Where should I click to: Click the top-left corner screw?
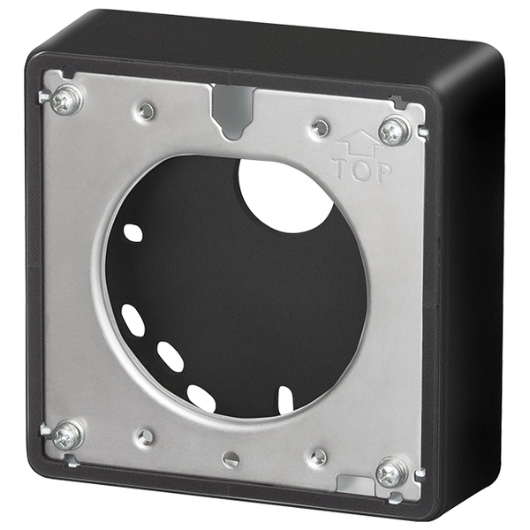pyautogui.click(x=66, y=100)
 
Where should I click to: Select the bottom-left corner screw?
pyautogui.click(x=68, y=435)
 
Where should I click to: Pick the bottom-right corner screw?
pyautogui.click(x=391, y=473)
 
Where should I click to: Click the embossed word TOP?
pyautogui.click(x=361, y=170)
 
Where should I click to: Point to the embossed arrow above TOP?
pyautogui.click(x=359, y=144)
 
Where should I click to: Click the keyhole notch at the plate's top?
pyautogui.click(x=232, y=111)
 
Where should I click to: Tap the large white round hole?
pyautogui.click(x=285, y=196)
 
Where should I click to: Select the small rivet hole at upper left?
pyautogui.click(x=146, y=111)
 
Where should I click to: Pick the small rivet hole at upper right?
pyautogui.click(x=320, y=127)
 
